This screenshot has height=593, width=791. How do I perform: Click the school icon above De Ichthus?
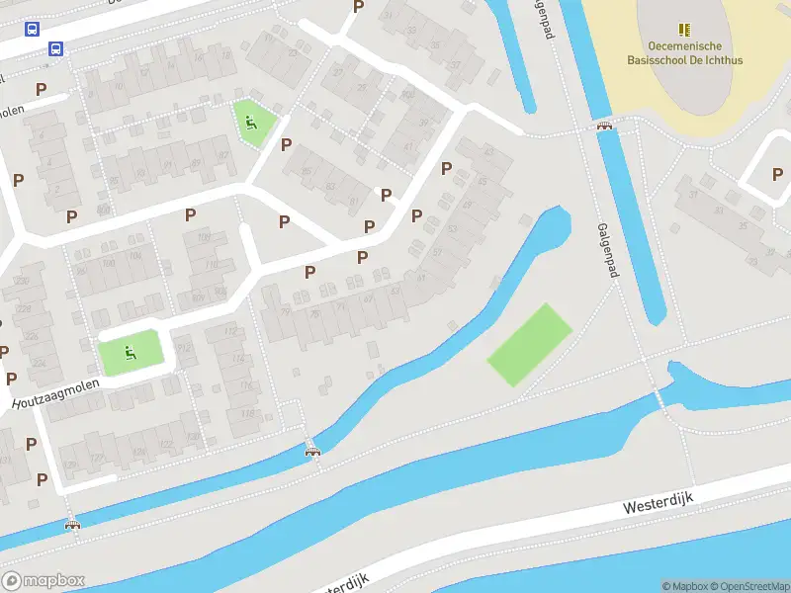point(683,31)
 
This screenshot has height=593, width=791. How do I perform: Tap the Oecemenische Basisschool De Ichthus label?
point(684,53)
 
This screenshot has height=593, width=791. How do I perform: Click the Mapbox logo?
point(43,580)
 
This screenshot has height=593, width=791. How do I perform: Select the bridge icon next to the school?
point(603,126)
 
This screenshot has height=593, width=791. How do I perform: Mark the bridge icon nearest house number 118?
point(312,451)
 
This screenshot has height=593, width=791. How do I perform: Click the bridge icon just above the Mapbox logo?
point(70,525)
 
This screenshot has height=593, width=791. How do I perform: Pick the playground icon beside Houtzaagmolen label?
point(129,351)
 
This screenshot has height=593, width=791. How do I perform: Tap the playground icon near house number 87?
point(250,124)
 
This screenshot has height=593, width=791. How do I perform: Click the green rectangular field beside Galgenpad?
point(530,345)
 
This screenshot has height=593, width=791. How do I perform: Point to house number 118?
point(247,413)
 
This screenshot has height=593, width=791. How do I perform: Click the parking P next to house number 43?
point(446,168)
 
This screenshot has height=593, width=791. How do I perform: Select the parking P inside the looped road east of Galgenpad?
point(777,174)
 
